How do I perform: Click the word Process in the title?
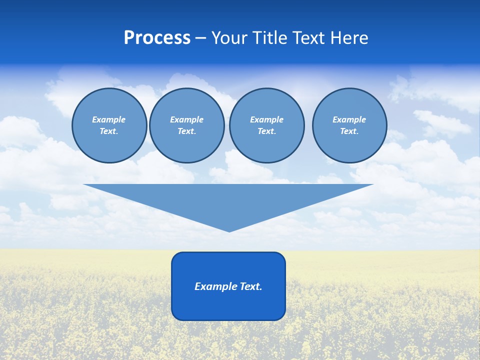[x=157, y=38]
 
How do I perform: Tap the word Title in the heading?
[x=271, y=38]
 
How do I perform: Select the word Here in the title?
[x=348, y=38]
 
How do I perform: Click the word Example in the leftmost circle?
[x=109, y=119]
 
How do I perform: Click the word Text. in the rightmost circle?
[x=349, y=131]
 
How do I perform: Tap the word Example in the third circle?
[x=266, y=119]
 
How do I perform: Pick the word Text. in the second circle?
[x=187, y=131]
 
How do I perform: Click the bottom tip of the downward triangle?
[x=229, y=230]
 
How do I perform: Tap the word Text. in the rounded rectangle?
[x=251, y=286]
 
